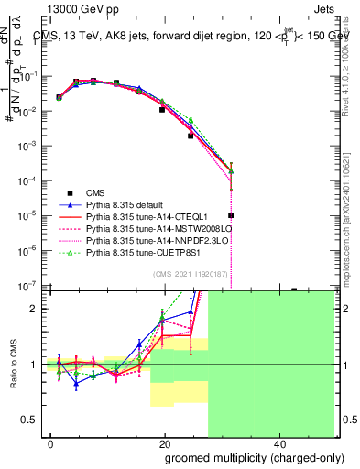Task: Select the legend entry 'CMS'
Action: coord(95,192)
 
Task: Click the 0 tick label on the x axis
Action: coord(50,443)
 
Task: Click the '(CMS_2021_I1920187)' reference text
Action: coord(190,273)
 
